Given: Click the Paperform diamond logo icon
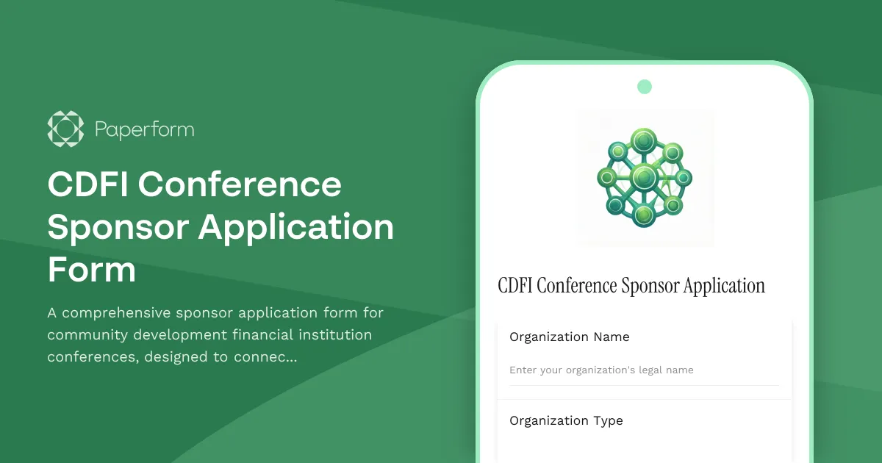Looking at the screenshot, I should tap(65, 129).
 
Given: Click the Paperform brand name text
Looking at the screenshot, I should tap(145, 130).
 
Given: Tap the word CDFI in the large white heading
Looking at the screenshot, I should tap(87, 184).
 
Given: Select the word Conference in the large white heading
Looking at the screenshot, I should tap(240, 184).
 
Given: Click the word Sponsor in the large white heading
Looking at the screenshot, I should tap(118, 227).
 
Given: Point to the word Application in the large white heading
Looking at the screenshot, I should tap(296, 227).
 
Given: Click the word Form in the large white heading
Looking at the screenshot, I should tap(92, 270).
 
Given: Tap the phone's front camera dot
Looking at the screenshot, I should tap(645, 87).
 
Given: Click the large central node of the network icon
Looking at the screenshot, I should tap(644, 177).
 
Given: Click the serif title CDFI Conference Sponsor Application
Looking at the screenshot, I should tap(631, 286).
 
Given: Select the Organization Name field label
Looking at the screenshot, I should tap(569, 337).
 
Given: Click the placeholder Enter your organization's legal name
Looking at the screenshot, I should tap(601, 370).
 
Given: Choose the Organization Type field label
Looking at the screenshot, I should tap(566, 420).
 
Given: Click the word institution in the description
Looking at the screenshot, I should tap(335, 335).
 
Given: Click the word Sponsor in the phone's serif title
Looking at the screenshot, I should tap(650, 286).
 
